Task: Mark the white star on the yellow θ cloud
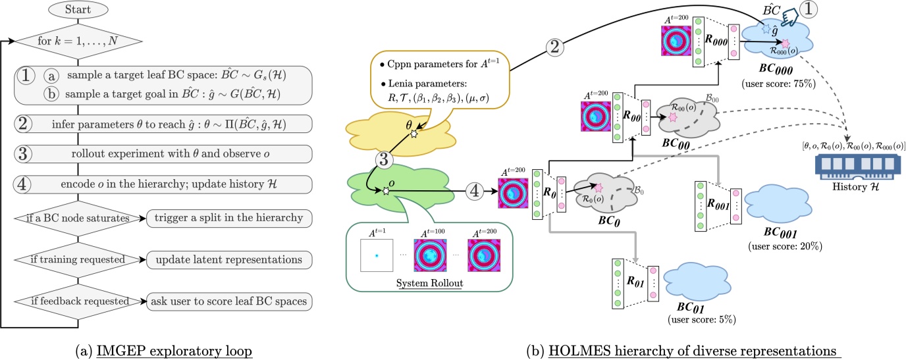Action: pos(413,134)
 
